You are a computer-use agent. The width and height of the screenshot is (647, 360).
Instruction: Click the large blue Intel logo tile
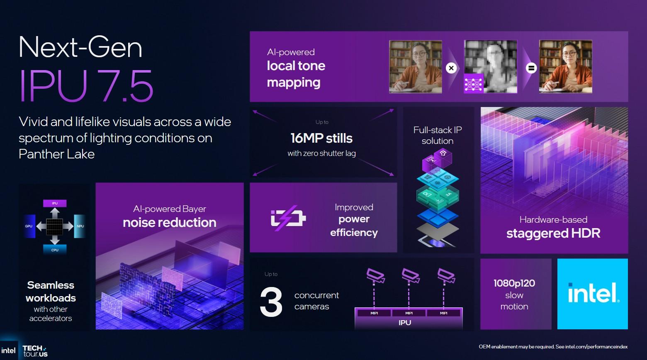(592, 294)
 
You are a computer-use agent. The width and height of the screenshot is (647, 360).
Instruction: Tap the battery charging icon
(288, 218)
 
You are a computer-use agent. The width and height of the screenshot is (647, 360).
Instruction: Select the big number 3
(271, 302)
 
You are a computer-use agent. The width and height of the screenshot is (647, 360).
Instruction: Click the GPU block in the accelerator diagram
(29, 226)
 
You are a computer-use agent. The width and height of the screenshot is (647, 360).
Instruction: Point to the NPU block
(80, 226)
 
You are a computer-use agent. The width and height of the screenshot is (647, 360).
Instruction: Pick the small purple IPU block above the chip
(55, 203)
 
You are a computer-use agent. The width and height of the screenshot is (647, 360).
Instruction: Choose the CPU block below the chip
(55, 250)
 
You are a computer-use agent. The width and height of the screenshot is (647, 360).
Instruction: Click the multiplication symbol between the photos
(451, 68)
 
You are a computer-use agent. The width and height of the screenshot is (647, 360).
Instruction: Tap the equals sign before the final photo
(531, 68)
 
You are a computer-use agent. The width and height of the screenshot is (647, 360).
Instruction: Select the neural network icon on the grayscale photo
(473, 83)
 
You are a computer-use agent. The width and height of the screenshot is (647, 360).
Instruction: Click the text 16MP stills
(321, 138)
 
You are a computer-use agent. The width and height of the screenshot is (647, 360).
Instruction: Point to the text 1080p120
(514, 283)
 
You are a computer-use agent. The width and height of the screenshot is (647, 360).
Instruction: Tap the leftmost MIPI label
(374, 313)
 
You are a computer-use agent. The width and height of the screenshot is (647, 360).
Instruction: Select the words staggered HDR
(553, 233)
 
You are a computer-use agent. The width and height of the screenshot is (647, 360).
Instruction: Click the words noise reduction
(170, 223)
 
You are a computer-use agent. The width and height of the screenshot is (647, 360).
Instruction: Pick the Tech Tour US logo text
(35, 351)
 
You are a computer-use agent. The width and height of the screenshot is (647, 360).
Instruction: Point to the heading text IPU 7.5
(86, 86)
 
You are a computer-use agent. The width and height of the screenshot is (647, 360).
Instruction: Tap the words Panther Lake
(57, 154)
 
